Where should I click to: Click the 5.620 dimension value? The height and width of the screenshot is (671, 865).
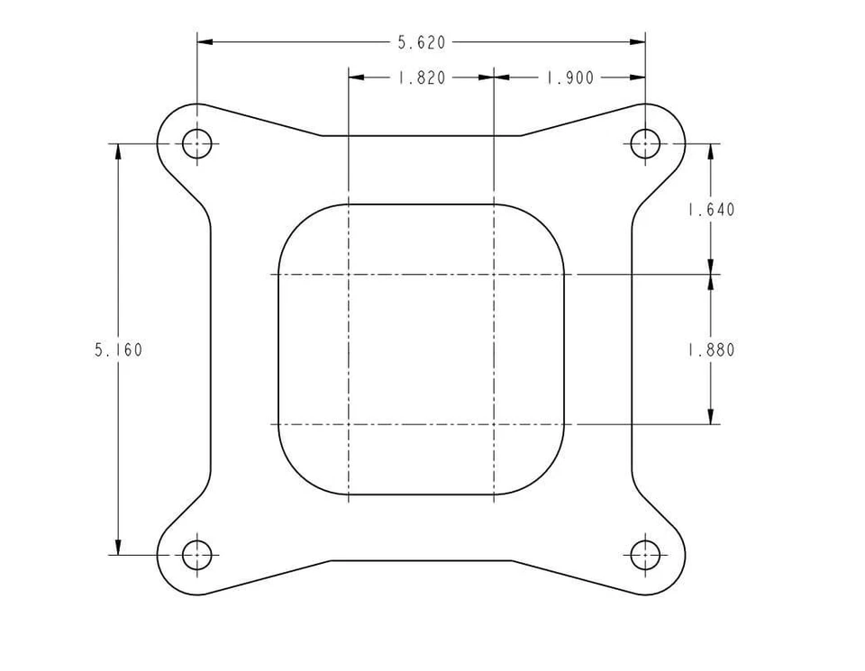click(422, 41)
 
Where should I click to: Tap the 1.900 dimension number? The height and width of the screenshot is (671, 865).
click(569, 78)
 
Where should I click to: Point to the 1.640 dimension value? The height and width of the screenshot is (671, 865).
click(711, 210)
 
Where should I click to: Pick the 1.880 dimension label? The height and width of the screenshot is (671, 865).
click(711, 349)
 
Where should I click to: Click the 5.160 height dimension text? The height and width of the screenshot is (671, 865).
click(118, 349)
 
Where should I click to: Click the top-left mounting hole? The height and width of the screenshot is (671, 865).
click(197, 143)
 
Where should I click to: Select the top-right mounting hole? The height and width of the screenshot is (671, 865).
click(645, 143)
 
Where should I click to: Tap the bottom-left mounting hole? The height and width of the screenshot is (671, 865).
click(197, 555)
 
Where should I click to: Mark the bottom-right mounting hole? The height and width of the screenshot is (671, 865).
click(645, 555)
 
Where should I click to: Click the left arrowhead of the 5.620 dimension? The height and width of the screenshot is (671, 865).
click(205, 41)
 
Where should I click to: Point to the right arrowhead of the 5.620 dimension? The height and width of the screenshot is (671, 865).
click(638, 41)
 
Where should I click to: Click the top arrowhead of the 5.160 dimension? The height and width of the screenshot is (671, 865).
click(118, 150)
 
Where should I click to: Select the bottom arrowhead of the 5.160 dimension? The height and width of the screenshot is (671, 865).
click(118, 548)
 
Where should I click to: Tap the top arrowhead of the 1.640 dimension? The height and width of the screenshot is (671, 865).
click(711, 150)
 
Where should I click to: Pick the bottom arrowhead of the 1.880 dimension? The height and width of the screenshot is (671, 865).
click(711, 416)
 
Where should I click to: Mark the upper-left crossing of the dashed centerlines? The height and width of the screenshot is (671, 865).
click(349, 274)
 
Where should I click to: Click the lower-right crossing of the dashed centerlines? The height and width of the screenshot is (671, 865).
click(494, 423)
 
